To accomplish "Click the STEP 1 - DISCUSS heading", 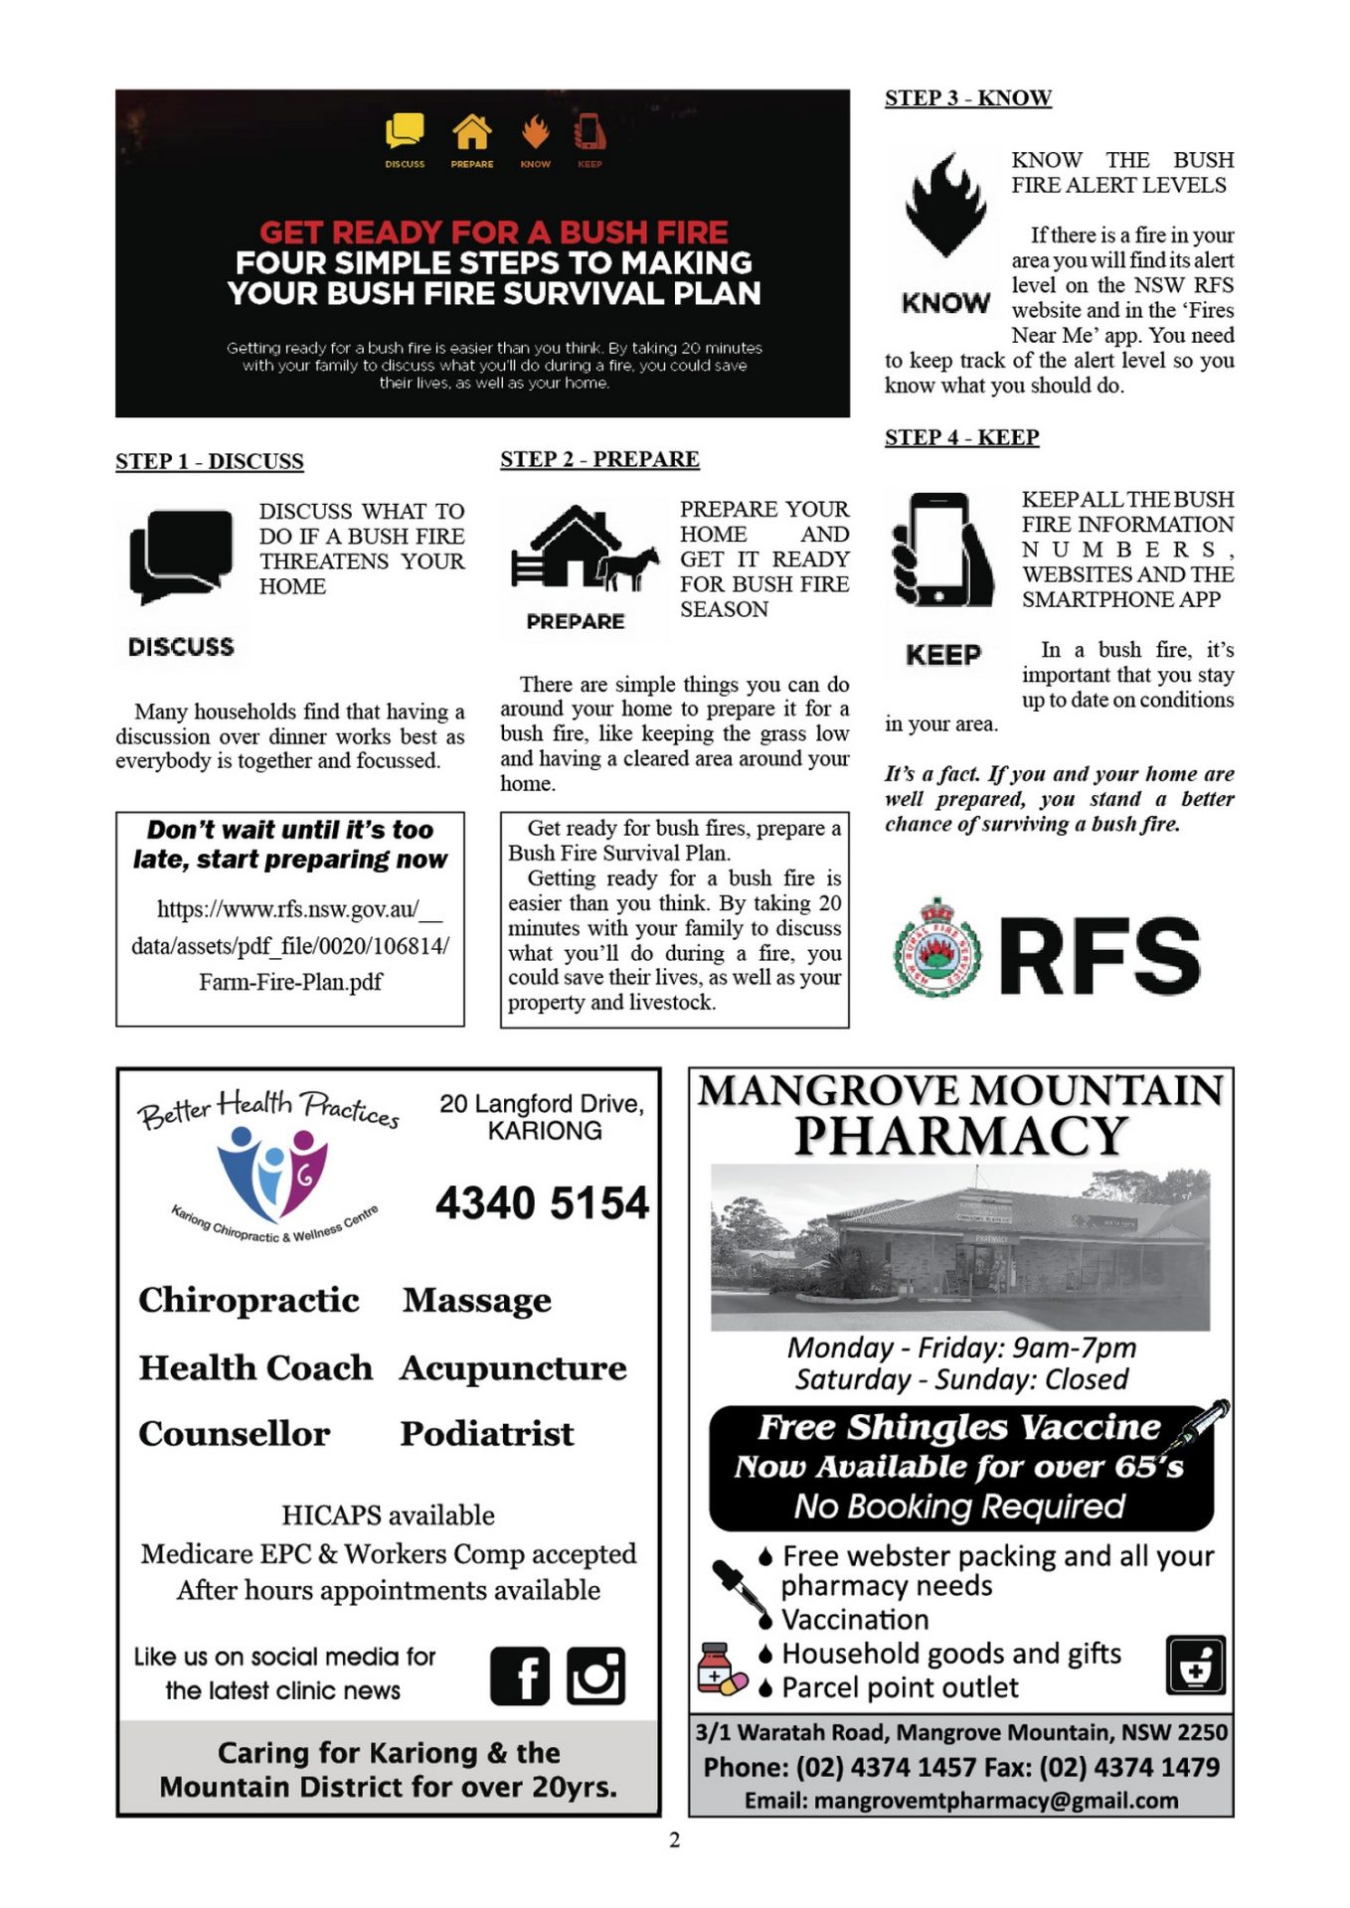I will pyautogui.click(x=210, y=462).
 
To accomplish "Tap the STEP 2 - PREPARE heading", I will pyautogui.click(x=599, y=460).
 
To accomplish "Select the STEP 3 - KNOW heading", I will pyautogui.click(x=967, y=98).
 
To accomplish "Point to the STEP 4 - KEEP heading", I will pyautogui.click(x=961, y=438).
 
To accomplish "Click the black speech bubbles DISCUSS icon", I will pyautogui.click(x=181, y=556).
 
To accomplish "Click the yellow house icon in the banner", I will pyautogui.click(x=472, y=131).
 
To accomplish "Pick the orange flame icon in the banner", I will pyautogui.click(x=536, y=131).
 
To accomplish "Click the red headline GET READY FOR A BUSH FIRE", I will pyautogui.click(x=494, y=233).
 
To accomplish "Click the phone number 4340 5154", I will pyautogui.click(x=542, y=1203).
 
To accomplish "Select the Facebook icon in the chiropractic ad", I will pyautogui.click(x=520, y=1676).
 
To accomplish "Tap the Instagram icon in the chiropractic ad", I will pyautogui.click(x=595, y=1676).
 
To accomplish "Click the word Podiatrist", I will pyautogui.click(x=487, y=1434).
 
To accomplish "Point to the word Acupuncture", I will pyautogui.click(x=513, y=1368).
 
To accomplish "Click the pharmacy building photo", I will pyautogui.click(x=960, y=1247).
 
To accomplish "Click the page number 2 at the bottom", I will pyautogui.click(x=675, y=1840).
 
